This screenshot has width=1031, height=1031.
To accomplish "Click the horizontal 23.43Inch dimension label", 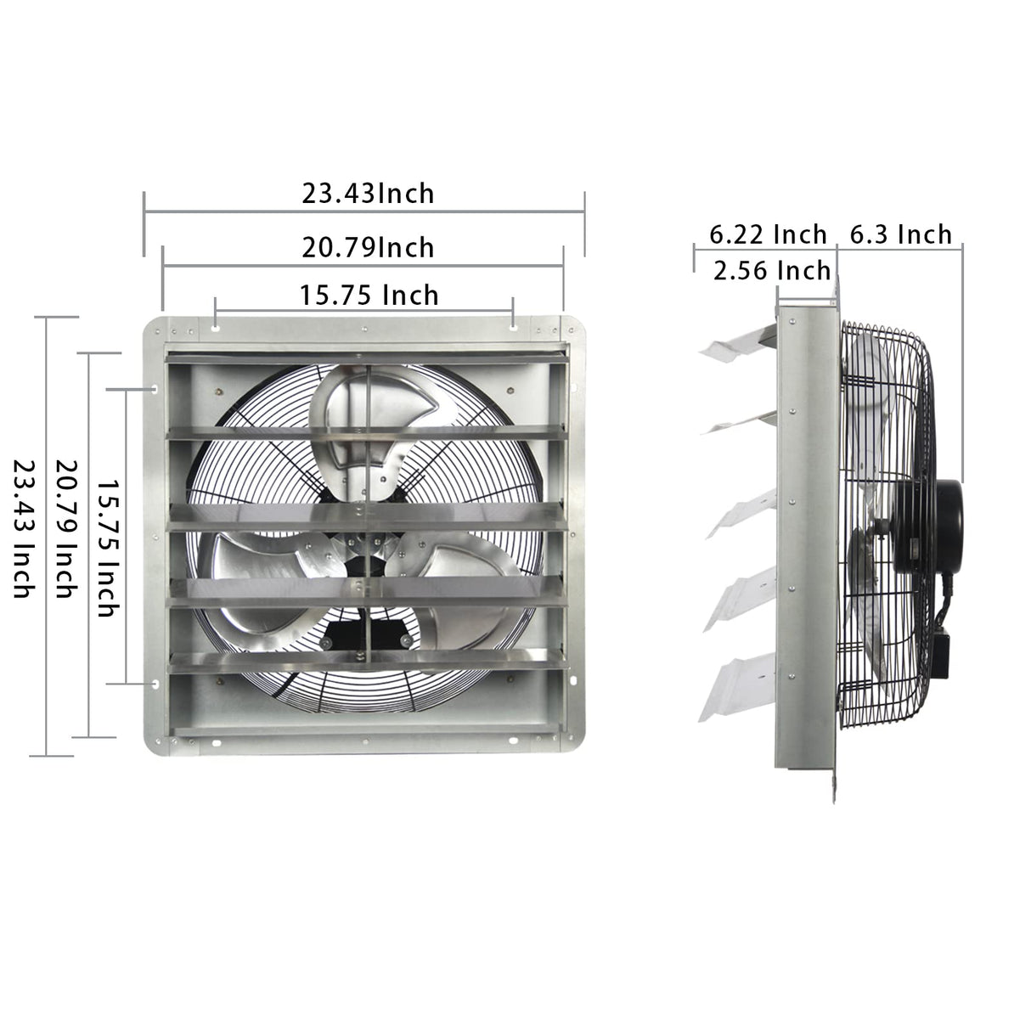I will (x=368, y=194).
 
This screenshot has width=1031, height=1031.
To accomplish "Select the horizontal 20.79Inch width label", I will (x=368, y=247).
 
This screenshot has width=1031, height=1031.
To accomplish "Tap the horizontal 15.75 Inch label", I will (x=369, y=295).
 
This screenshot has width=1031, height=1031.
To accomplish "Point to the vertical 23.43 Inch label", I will (x=23, y=528).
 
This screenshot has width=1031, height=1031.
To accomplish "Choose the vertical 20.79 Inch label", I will (x=66, y=528).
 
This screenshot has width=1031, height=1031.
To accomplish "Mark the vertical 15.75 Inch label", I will (x=107, y=545).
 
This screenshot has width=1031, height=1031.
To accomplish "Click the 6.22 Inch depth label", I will (x=768, y=234).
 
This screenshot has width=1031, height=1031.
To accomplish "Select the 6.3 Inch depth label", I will (x=901, y=234).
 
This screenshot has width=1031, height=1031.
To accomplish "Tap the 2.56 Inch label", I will (x=771, y=270).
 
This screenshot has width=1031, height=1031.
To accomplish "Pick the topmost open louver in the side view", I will (x=735, y=345).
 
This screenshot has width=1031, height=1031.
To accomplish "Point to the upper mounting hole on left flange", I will (x=155, y=389).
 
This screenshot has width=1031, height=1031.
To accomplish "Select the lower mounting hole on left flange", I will (x=155, y=683).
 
